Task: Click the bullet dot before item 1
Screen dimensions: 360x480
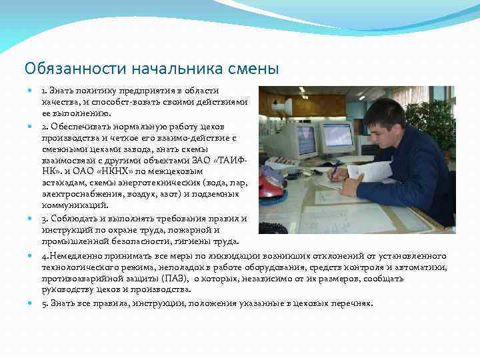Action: [31, 91]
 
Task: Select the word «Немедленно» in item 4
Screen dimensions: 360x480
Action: [75, 256]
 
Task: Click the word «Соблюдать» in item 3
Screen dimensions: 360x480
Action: [73, 218]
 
